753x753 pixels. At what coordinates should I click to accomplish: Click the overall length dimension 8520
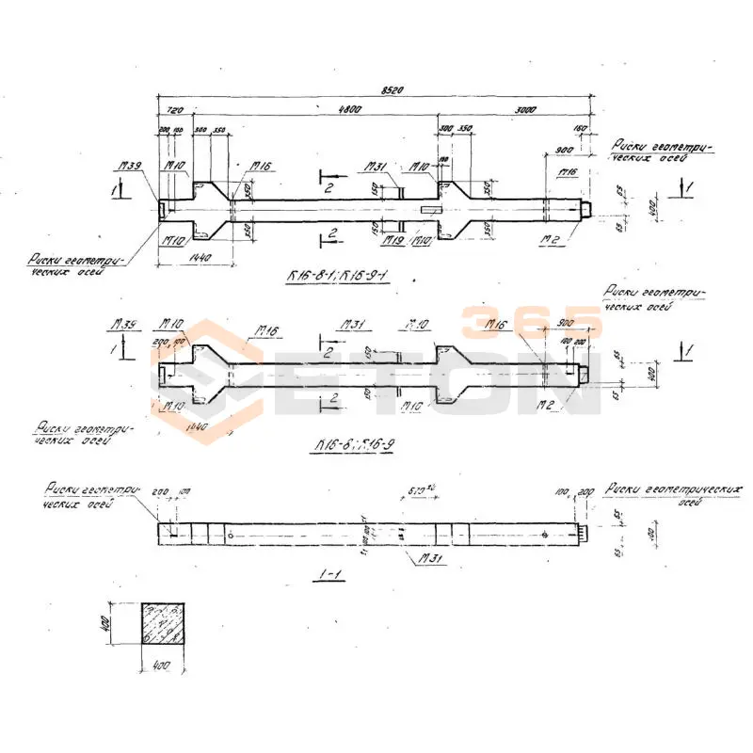click(x=393, y=90)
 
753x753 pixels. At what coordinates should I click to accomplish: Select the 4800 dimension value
click(x=350, y=110)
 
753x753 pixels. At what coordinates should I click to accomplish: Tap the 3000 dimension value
click(x=525, y=110)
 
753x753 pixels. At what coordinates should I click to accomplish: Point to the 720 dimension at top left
click(x=173, y=110)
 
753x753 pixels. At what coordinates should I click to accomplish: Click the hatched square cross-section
click(x=164, y=624)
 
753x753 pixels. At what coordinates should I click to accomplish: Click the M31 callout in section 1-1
click(x=431, y=559)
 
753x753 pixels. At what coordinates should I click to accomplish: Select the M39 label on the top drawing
click(x=130, y=166)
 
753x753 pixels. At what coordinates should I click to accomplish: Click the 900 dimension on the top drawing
click(x=565, y=150)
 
